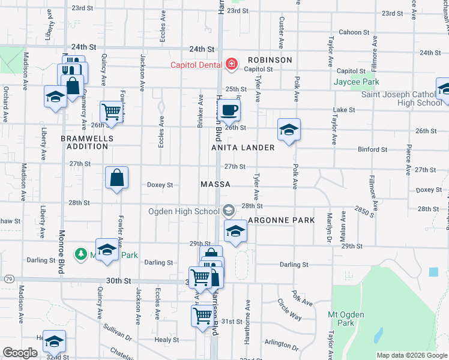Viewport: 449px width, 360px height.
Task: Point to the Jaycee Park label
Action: pyautogui.click(x=357, y=82)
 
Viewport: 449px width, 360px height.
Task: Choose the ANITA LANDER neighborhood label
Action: pyautogui.click(x=243, y=147)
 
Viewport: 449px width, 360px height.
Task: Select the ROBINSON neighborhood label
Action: pyautogui.click(x=270, y=60)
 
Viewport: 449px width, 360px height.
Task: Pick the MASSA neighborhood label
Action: pyautogui.click(x=215, y=184)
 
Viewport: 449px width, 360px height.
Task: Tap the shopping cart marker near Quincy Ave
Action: pyautogui.click(x=111, y=112)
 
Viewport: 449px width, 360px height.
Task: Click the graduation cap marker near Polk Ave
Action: pyautogui.click(x=289, y=130)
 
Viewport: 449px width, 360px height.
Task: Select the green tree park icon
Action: pyautogui.click(x=80, y=254)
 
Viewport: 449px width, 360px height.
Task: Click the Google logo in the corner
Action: pyautogui.click(x=20, y=353)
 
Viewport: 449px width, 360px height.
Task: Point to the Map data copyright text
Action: pyautogui.click(x=411, y=355)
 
